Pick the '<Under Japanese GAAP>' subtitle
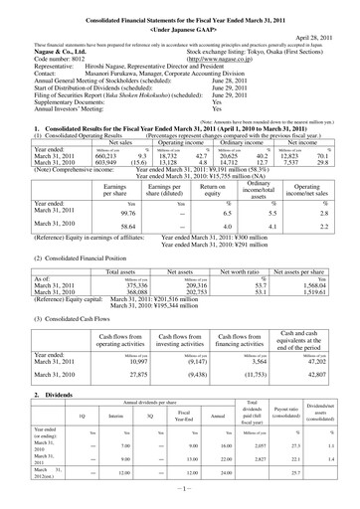(180, 19)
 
